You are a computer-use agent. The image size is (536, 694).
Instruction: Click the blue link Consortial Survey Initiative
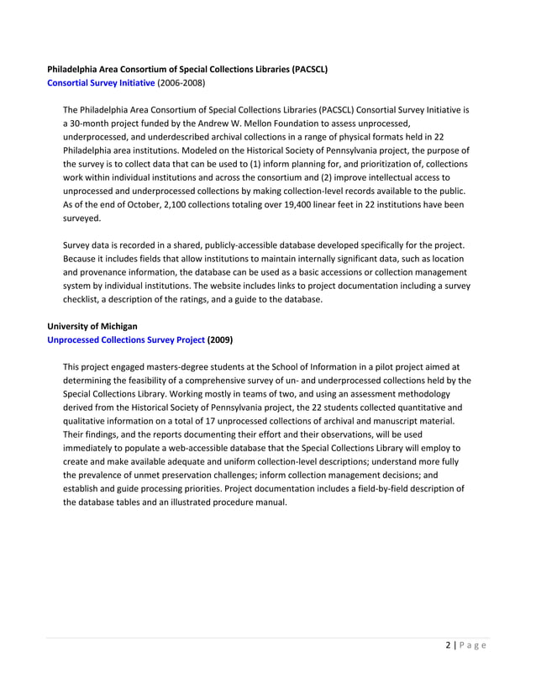(x=101, y=83)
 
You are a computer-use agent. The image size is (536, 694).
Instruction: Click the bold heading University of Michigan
(x=92, y=325)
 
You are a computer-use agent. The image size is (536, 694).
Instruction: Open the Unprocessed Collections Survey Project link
(x=125, y=339)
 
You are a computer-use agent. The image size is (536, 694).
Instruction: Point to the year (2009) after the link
(x=220, y=339)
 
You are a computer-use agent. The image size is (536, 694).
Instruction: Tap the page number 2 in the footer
(x=449, y=645)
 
